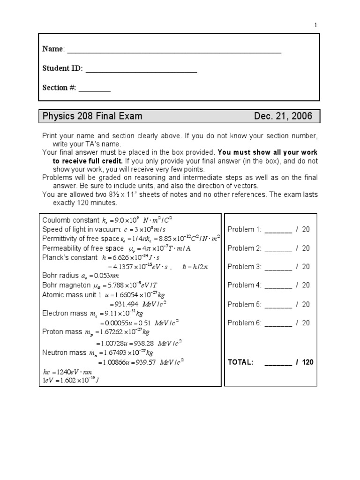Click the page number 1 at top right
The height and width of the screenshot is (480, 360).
pos(316,25)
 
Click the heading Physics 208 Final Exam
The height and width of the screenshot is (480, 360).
pos(92,116)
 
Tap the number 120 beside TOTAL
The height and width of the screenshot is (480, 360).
pos(308,362)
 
